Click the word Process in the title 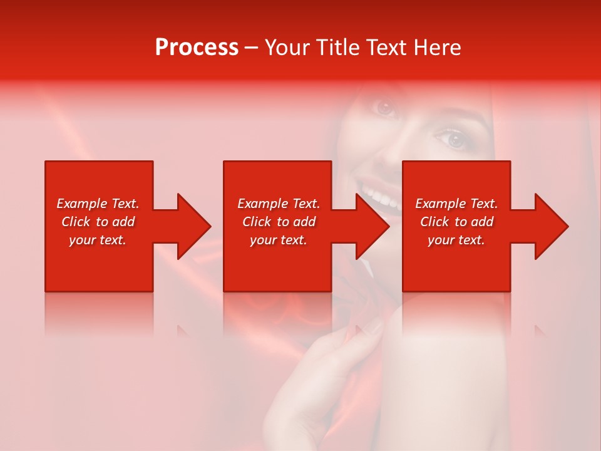(197, 48)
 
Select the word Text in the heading (388, 48)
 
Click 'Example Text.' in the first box (98, 204)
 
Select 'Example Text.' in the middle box (279, 204)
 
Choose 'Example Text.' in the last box (456, 204)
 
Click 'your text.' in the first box (98, 240)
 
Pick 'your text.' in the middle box (279, 240)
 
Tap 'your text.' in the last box (456, 240)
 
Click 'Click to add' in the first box (98, 222)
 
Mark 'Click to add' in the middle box (279, 222)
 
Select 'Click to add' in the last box (456, 222)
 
